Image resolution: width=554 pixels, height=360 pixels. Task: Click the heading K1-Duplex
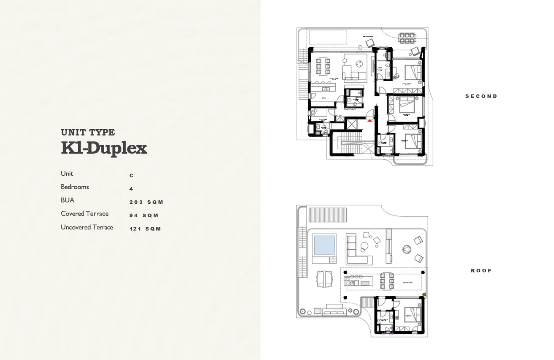104,148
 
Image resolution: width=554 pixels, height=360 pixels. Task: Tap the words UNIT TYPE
88,133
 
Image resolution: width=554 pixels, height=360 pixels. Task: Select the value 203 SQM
146,202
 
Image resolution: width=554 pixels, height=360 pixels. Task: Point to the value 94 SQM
144,215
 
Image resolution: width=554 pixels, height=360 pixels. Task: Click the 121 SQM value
145,229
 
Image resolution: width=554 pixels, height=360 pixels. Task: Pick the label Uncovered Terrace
87,227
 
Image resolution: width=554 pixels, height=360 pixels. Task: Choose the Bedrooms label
75,187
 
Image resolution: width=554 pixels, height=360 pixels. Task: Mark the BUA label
68,200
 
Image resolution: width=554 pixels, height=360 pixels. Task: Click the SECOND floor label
481,96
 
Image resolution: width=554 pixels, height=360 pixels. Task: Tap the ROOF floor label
481,270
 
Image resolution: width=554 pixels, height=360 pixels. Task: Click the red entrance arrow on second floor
370,120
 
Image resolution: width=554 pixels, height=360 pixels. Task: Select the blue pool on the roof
324,245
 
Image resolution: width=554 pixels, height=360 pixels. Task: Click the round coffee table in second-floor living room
359,64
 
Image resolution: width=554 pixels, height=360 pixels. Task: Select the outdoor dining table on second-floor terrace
407,38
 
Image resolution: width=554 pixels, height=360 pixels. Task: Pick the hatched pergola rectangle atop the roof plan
328,215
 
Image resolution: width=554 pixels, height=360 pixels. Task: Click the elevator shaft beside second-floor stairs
351,124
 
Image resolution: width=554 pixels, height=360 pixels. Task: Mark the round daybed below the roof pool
324,278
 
